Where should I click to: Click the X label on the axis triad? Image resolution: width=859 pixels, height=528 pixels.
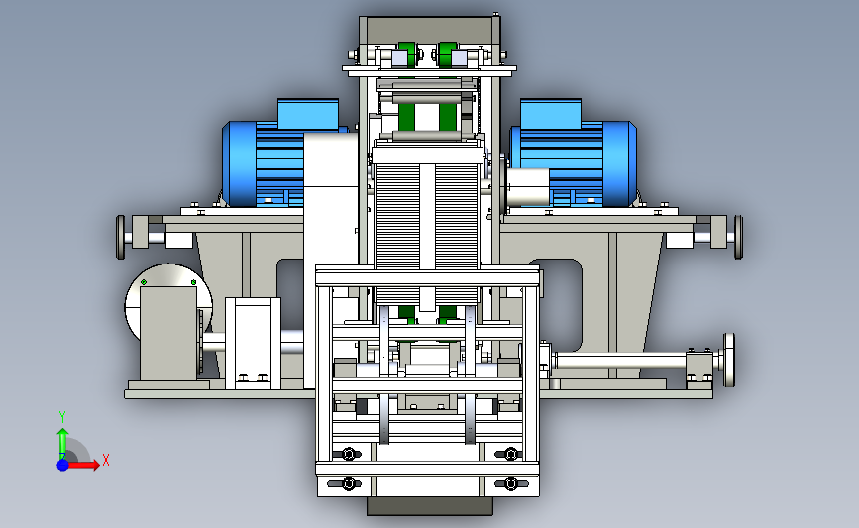tap(106, 460)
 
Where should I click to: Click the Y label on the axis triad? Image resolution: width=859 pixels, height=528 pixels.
tap(62, 417)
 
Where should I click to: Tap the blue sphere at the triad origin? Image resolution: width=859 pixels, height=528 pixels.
tap(63, 465)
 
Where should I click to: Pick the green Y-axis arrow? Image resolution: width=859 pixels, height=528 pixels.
tap(63, 444)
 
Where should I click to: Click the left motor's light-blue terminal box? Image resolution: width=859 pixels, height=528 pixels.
tap(308, 114)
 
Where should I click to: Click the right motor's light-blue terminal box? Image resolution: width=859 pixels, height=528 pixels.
tap(551, 114)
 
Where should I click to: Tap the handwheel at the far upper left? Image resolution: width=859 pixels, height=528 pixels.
tap(121, 237)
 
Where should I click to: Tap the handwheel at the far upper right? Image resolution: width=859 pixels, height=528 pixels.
tap(738, 237)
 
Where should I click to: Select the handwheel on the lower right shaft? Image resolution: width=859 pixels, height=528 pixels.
tap(729, 360)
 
